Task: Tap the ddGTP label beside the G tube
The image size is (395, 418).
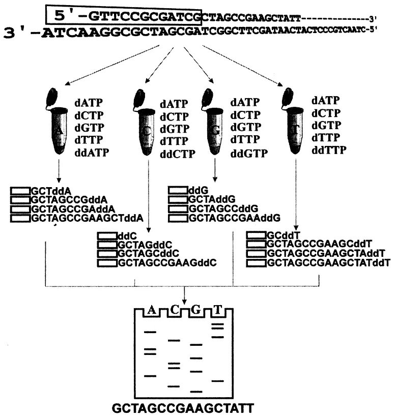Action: (249, 154)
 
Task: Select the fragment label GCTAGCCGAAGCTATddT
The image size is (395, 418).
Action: (328, 262)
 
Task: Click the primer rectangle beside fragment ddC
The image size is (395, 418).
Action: (107, 235)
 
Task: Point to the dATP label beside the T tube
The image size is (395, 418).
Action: (326, 101)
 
